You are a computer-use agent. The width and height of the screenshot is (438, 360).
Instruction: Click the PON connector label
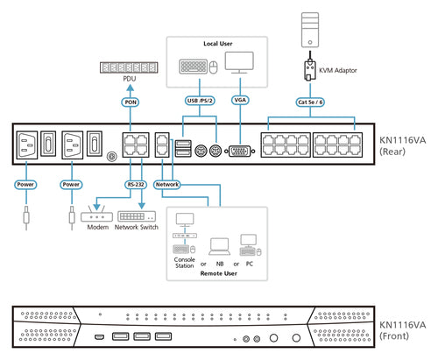coord(131,102)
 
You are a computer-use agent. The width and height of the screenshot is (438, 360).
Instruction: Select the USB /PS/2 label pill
coord(200,101)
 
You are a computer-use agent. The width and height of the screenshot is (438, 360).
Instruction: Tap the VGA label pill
coord(240,100)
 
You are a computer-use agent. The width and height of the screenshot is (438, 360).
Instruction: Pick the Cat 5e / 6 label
coord(310,102)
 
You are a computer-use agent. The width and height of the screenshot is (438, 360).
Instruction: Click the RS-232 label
coord(136,185)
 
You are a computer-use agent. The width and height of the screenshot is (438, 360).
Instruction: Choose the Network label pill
coord(167,185)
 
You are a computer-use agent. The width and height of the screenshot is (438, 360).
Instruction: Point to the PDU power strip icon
coord(129,67)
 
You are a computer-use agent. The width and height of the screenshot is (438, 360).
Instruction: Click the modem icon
coord(96,215)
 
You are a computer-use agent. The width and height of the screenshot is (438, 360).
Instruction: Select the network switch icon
coord(137,216)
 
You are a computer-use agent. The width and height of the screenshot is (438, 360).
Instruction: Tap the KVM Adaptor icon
coord(310,70)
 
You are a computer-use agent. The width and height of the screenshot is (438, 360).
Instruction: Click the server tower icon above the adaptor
coord(310,30)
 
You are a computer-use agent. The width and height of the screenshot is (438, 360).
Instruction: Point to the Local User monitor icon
coord(239,63)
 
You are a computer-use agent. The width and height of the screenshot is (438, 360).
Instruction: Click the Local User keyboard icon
coord(193,67)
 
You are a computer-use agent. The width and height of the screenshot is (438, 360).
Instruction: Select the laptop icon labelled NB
coord(220,247)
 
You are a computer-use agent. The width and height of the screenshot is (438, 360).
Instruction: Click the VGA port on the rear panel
coord(240,152)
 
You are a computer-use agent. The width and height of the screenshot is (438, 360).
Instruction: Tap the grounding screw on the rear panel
coord(111,156)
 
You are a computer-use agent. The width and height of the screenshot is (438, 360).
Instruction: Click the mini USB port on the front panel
coord(99,337)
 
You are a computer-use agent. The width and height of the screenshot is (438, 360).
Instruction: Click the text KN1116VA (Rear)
coord(402,145)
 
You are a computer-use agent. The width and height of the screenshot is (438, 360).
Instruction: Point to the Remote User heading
coord(218,273)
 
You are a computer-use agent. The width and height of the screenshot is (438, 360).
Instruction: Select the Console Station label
coord(184,263)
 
